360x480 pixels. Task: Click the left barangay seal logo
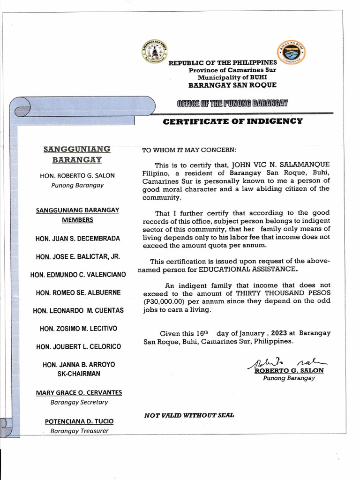[155, 52]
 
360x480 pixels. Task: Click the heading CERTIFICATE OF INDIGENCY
[232, 121]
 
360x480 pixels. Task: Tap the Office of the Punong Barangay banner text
[232, 103]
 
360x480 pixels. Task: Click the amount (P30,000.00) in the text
[164, 301]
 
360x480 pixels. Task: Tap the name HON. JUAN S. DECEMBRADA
[78, 239]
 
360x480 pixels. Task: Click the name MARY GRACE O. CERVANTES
[79, 392]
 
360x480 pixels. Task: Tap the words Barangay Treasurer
[79, 431]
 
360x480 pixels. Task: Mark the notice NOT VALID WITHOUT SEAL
[189, 415]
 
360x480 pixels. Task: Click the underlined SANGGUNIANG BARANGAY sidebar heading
[76, 154]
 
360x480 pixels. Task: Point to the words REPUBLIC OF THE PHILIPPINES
[223, 63]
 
